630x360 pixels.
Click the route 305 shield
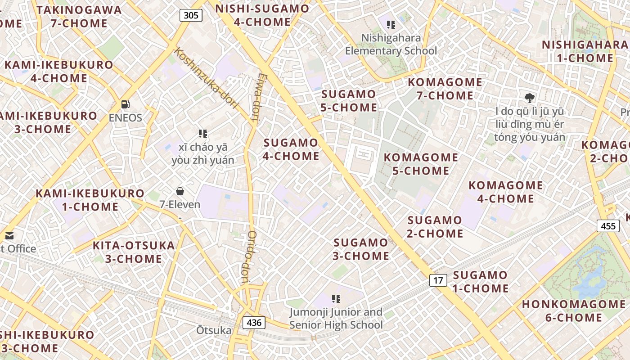191,15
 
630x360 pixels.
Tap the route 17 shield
438,281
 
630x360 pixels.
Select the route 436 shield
254,322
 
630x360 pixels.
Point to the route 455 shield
608,226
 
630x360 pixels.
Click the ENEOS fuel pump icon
126,104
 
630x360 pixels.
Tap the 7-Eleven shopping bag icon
180,191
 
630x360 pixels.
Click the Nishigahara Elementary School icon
391,25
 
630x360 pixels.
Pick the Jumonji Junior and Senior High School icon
336,298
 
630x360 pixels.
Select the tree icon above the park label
530,97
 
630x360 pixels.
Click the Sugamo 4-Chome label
291,149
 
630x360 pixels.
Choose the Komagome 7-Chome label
445,89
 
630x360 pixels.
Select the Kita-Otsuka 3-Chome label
134,252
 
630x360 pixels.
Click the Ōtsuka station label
214,331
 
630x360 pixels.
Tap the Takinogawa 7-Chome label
79,17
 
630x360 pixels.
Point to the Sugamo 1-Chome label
480,282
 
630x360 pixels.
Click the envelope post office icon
9,235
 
